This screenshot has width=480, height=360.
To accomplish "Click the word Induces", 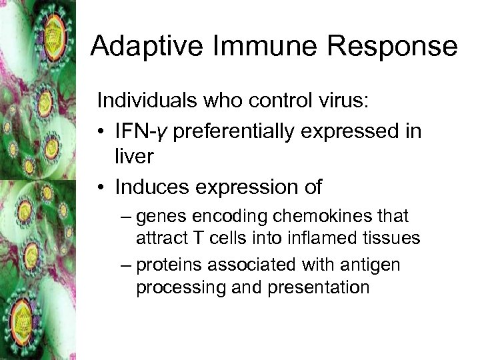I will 147,187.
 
